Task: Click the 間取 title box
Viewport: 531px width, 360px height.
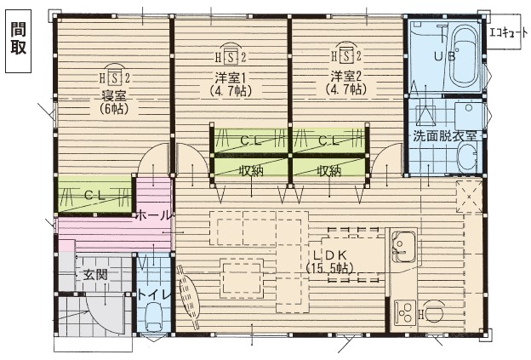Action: pos(18,37)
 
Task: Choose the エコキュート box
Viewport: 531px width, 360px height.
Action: pos(508,33)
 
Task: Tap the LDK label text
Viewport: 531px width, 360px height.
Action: pos(329,254)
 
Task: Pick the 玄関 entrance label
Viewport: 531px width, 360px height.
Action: pos(94,274)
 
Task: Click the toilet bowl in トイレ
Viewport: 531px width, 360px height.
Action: pos(154,319)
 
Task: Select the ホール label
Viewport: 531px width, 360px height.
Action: pos(154,214)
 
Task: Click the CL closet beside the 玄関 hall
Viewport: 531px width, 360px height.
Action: pos(94,195)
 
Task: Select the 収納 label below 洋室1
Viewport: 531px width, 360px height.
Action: pos(250,169)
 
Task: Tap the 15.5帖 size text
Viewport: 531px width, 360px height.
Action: pos(329,268)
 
